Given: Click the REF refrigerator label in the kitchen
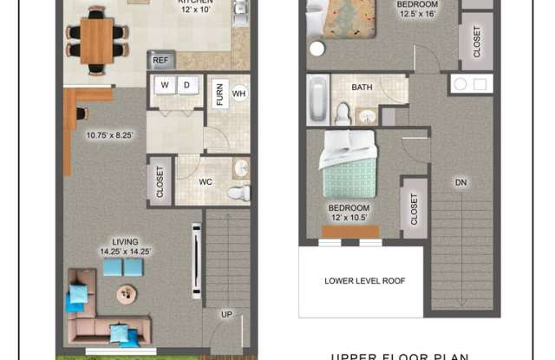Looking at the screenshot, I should [161, 61].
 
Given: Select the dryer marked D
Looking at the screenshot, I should [186, 85].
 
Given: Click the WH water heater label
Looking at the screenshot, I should [239, 93].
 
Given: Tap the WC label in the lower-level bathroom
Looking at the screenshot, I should [206, 182].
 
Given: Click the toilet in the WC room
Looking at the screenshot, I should [238, 193].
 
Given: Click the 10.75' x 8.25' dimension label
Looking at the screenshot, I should [110, 134].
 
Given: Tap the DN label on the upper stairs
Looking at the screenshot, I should [460, 182].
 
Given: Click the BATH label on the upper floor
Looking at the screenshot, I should [362, 88].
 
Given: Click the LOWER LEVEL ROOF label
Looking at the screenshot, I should [364, 281].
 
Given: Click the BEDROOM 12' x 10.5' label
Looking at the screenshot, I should [349, 213].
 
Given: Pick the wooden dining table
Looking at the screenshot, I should [96, 40].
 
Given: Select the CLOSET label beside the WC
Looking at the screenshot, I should [160, 181].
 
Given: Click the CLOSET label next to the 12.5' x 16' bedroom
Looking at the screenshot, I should [477, 41].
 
